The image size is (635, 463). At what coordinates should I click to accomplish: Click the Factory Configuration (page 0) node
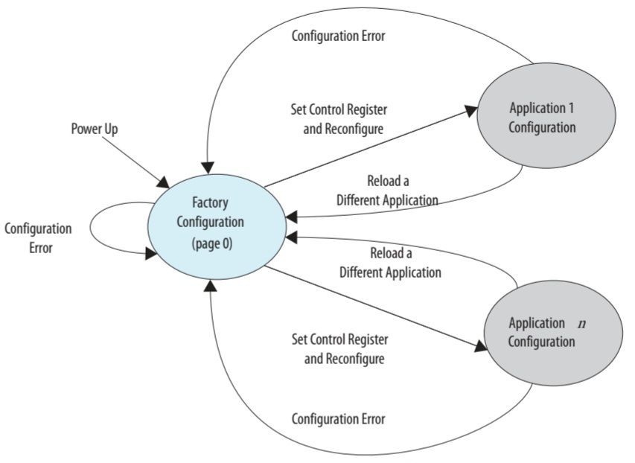[x=217, y=223]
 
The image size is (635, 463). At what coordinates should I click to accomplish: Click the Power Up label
[x=95, y=130]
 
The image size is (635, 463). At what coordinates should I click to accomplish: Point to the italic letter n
[x=581, y=324]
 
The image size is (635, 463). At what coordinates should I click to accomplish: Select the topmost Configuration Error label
[x=338, y=36]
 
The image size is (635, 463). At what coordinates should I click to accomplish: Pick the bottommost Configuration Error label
[x=338, y=419]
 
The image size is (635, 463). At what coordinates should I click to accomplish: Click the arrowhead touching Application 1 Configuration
[x=471, y=110]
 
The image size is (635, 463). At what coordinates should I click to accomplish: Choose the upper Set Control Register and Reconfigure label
[x=339, y=118]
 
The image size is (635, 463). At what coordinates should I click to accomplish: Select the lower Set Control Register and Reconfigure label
[x=339, y=349]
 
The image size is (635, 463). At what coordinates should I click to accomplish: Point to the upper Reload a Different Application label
[x=387, y=191]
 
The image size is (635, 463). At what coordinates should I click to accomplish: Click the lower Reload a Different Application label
[x=390, y=263]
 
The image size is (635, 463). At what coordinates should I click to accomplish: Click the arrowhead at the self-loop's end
[x=151, y=253]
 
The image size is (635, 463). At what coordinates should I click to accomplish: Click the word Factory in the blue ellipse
[x=210, y=202]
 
